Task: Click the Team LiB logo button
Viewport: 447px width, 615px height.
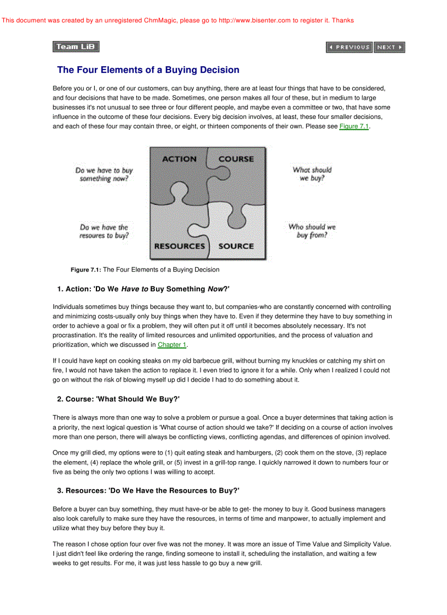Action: point(76,47)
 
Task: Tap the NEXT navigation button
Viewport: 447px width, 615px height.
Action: point(389,48)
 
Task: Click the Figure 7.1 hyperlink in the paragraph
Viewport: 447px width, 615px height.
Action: point(354,127)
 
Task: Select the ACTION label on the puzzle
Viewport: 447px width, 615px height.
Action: point(179,159)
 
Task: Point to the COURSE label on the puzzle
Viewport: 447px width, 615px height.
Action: point(236,159)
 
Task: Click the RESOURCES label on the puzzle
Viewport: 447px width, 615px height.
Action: point(179,246)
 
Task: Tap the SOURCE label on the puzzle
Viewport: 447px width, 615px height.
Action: point(236,246)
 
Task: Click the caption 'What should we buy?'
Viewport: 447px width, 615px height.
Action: point(312,174)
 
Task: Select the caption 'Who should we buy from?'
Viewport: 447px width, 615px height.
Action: point(312,231)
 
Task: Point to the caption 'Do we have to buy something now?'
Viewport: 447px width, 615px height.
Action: point(104,175)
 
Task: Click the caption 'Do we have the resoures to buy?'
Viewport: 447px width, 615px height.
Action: point(104,231)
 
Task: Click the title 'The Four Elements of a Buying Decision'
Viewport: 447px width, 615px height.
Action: point(148,70)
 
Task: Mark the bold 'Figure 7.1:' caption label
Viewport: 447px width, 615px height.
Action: point(86,270)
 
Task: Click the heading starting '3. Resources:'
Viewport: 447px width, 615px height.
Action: point(148,491)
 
